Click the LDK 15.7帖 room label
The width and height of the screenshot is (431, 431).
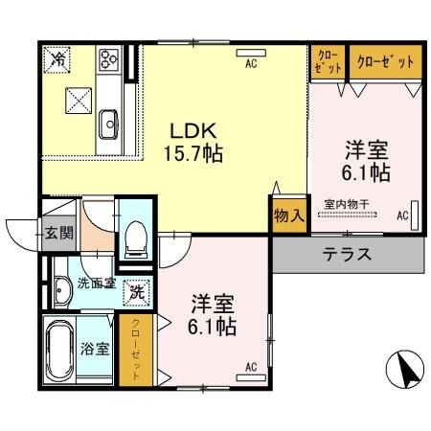click(x=196, y=140)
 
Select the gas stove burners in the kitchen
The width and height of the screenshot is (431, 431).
click(x=108, y=58)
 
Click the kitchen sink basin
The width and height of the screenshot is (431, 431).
click(x=108, y=122)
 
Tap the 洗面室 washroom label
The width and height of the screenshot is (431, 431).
click(x=97, y=284)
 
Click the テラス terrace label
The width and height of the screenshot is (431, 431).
click(x=346, y=255)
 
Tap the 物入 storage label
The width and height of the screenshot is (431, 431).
click(x=289, y=215)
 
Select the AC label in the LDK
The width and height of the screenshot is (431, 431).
click(x=251, y=64)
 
